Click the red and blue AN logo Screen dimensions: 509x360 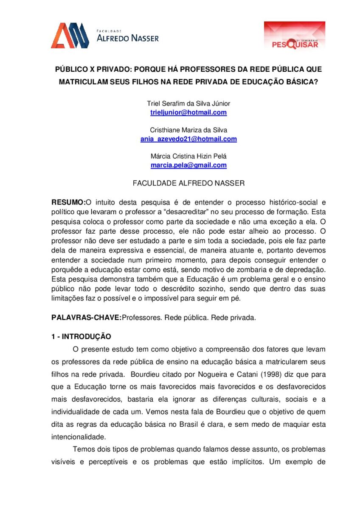[x=70, y=36]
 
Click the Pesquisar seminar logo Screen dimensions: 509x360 [x=295, y=36]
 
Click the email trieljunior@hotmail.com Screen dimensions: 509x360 [x=188, y=112]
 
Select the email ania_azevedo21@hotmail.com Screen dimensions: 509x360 [x=188, y=139]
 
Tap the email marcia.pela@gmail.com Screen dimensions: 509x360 [x=188, y=165]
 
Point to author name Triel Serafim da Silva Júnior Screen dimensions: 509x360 [x=188, y=103]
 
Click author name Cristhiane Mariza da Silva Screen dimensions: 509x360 [x=188, y=130]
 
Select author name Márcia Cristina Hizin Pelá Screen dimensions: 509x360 [x=188, y=156]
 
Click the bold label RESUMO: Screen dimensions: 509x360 [x=68, y=202]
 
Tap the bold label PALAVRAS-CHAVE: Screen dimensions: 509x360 [x=86, y=317]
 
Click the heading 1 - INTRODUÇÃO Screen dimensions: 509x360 [x=81, y=337]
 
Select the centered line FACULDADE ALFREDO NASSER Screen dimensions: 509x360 [x=188, y=183]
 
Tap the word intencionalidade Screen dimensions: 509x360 [x=77, y=436]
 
